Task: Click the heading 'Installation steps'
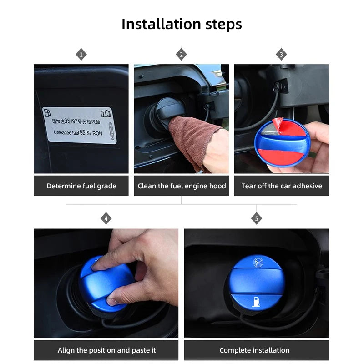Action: coord(182,24)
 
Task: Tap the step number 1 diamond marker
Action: coord(81,55)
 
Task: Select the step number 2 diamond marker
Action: coord(181,55)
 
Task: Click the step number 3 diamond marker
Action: coord(281,55)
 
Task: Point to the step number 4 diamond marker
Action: coord(106,219)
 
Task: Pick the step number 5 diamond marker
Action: coord(256,219)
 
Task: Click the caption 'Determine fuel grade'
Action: coord(81,186)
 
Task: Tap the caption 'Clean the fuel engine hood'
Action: coord(182,186)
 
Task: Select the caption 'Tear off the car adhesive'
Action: coord(281,186)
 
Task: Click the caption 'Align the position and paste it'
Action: coord(106,350)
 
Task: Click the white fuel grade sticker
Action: coord(80,125)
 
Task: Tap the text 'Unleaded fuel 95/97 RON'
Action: coord(78,132)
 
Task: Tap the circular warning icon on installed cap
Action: coord(258,262)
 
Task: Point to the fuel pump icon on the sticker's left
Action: coord(47,112)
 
